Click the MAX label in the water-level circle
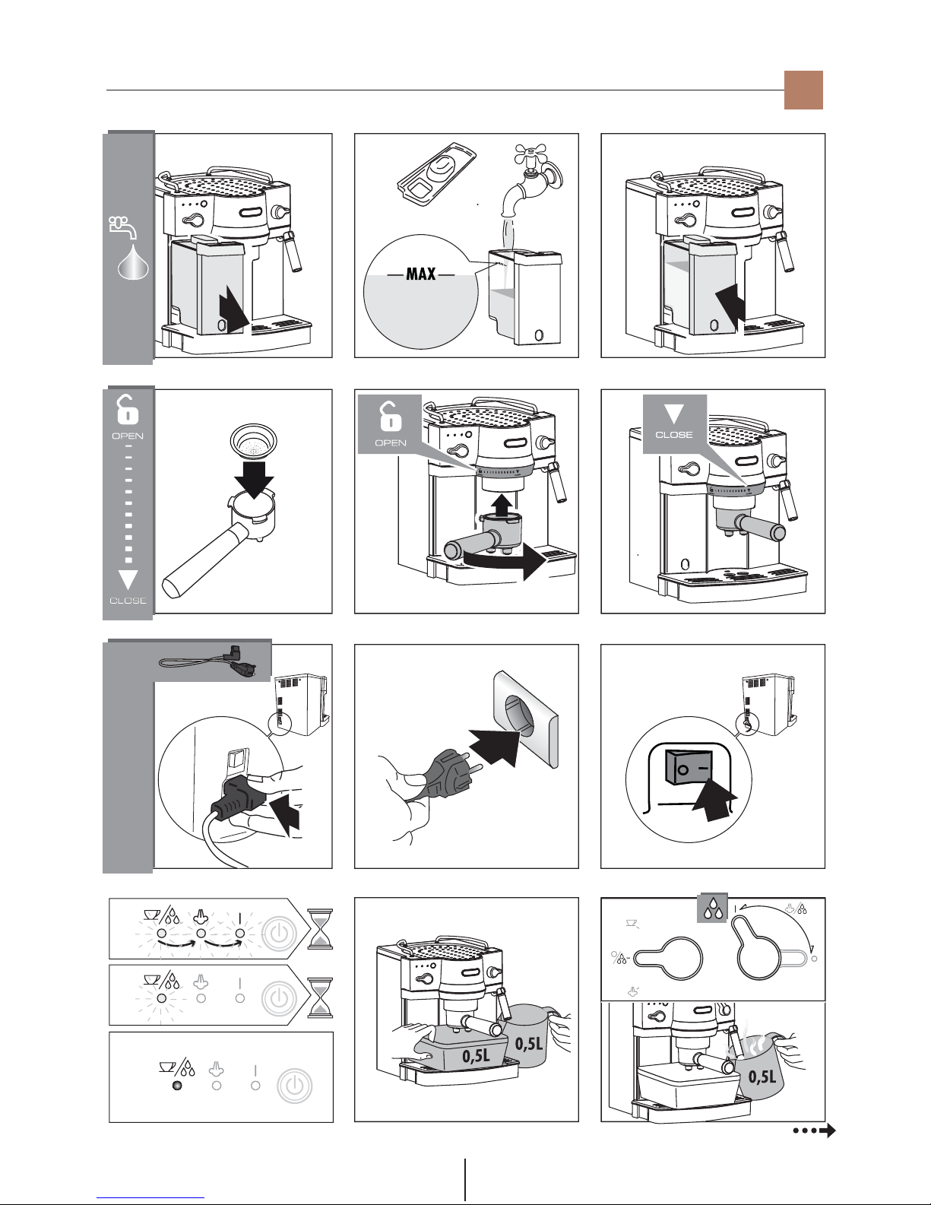(420, 274)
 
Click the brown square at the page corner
(804, 90)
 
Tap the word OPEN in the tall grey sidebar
(128, 436)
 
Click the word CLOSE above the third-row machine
(674, 435)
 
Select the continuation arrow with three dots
(813, 1131)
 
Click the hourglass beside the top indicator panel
(319, 928)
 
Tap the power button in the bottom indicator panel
(294, 1086)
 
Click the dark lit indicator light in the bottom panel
(177, 1086)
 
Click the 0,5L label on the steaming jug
(762, 1077)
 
